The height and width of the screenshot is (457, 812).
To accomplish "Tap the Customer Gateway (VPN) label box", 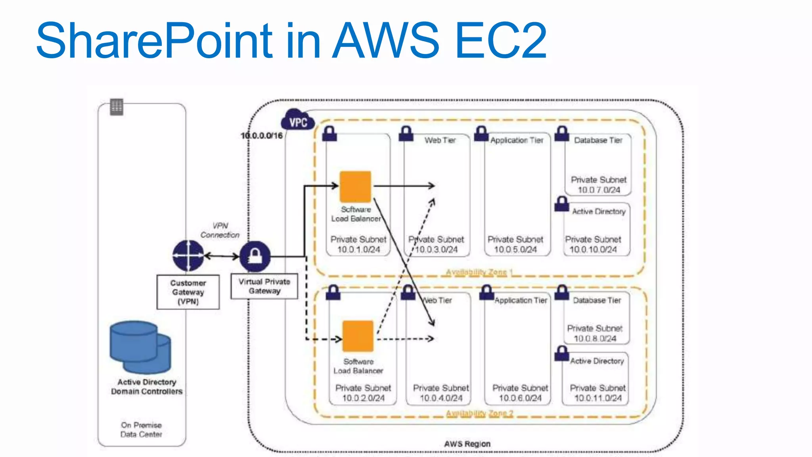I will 188,292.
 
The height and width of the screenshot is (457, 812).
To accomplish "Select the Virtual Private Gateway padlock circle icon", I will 255,256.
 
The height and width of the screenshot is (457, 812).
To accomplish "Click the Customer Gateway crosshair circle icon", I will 188,256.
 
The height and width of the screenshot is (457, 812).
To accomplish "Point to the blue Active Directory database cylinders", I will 140,347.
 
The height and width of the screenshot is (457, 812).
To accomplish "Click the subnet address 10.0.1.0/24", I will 358,250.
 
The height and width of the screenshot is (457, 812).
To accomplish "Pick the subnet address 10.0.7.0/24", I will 599,190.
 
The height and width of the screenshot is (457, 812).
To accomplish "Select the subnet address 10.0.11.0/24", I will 598,398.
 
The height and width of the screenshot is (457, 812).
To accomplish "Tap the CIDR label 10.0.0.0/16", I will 262,136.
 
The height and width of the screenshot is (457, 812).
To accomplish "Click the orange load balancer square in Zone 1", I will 355,186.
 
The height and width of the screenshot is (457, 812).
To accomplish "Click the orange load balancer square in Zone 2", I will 358,336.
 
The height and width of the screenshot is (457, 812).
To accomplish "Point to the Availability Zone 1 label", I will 479,272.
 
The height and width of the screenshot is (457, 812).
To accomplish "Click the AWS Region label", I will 467,444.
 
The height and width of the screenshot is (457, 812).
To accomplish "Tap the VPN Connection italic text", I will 220,230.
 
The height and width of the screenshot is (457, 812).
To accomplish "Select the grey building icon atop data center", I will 117,107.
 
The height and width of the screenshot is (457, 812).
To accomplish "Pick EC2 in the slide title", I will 501,40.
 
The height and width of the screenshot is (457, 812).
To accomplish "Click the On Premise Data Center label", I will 141,430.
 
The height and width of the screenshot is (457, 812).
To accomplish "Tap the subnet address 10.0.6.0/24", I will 520,398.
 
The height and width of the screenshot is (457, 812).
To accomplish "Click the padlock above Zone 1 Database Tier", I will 562,134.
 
